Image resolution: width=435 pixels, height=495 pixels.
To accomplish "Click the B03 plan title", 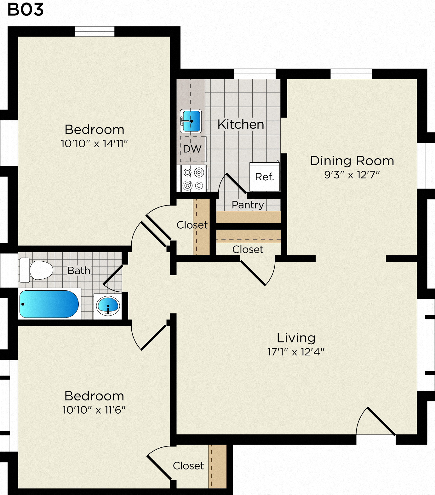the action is coord(26,9).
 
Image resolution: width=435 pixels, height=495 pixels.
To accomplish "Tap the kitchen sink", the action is coord(191,121).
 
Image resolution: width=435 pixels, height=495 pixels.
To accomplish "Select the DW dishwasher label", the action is coord(192,149).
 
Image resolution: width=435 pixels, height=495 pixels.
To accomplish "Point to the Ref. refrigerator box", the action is coord(265,177).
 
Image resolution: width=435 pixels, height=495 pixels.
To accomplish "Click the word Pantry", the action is coord(248,205).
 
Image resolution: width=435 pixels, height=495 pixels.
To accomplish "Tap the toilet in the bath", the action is coord(36,270).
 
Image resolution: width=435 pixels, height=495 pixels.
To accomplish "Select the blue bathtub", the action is coord(49,304).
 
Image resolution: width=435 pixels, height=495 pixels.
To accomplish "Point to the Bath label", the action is coord(79,271).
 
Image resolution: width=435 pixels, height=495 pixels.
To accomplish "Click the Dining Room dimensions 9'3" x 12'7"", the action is coord(352,175).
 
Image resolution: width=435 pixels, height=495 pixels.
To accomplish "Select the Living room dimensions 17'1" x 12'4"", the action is coord(296,352).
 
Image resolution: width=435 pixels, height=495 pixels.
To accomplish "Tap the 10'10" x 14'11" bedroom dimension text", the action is coord(94,143).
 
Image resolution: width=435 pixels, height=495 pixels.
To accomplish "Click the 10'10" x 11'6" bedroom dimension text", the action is coord(94,410).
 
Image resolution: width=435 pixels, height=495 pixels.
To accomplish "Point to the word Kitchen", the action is coord(241,124).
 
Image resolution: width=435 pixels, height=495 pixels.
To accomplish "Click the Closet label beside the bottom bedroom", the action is coord(188,466).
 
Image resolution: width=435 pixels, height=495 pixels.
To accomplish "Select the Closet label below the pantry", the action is coord(248,249).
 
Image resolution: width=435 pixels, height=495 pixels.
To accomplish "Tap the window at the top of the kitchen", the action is coord(255,74).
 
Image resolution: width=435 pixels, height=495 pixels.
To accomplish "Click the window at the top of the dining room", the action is coord(351,74).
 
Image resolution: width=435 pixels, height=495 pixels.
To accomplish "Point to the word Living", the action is coord(296,338).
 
